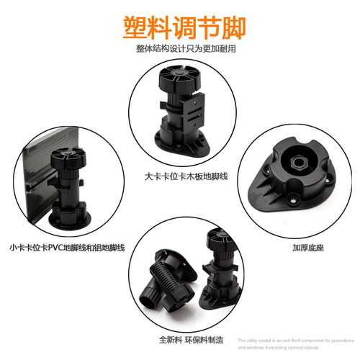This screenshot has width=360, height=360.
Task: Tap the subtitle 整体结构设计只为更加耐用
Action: pos(180,49)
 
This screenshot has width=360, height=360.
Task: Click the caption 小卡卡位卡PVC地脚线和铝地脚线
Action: pos(63,247)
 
